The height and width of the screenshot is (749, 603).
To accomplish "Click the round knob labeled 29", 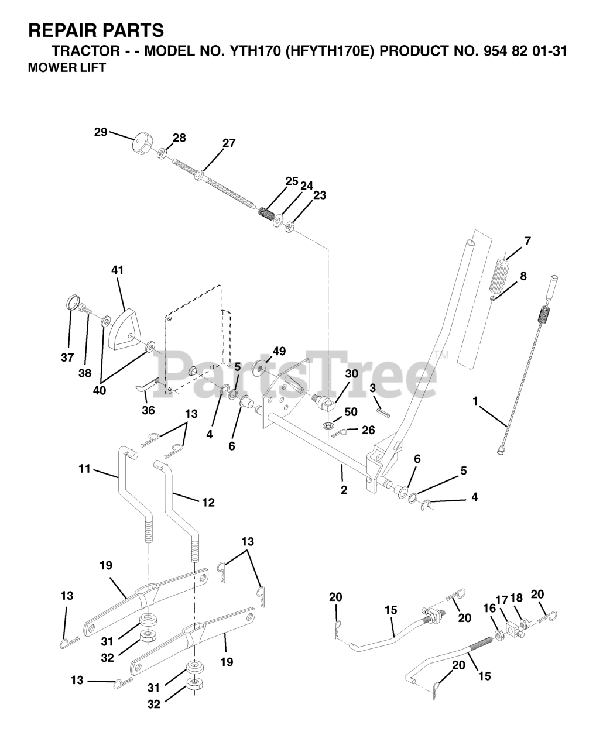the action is click(x=141, y=142).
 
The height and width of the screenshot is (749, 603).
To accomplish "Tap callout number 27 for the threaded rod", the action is click(x=228, y=143).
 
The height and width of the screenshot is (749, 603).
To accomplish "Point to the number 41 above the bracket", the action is click(x=118, y=270).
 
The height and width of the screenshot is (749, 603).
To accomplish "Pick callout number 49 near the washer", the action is click(x=279, y=351).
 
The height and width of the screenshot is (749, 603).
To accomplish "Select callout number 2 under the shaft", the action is click(x=344, y=490).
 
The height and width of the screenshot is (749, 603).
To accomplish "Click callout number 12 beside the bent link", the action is click(x=207, y=502).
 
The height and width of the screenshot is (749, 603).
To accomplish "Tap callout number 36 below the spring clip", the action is click(x=148, y=410).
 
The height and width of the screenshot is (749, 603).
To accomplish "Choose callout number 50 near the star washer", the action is click(x=350, y=412).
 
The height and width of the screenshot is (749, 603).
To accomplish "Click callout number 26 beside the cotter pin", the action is click(x=368, y=430).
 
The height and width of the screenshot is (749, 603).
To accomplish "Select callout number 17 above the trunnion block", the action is click(x=501, y=599).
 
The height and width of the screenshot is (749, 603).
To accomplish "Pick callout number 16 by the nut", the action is click(x=489, y=609).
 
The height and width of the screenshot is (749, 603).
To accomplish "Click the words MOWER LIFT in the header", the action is click(x=67, y=68).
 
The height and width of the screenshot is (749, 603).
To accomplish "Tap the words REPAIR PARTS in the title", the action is click(x=96, y=30).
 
